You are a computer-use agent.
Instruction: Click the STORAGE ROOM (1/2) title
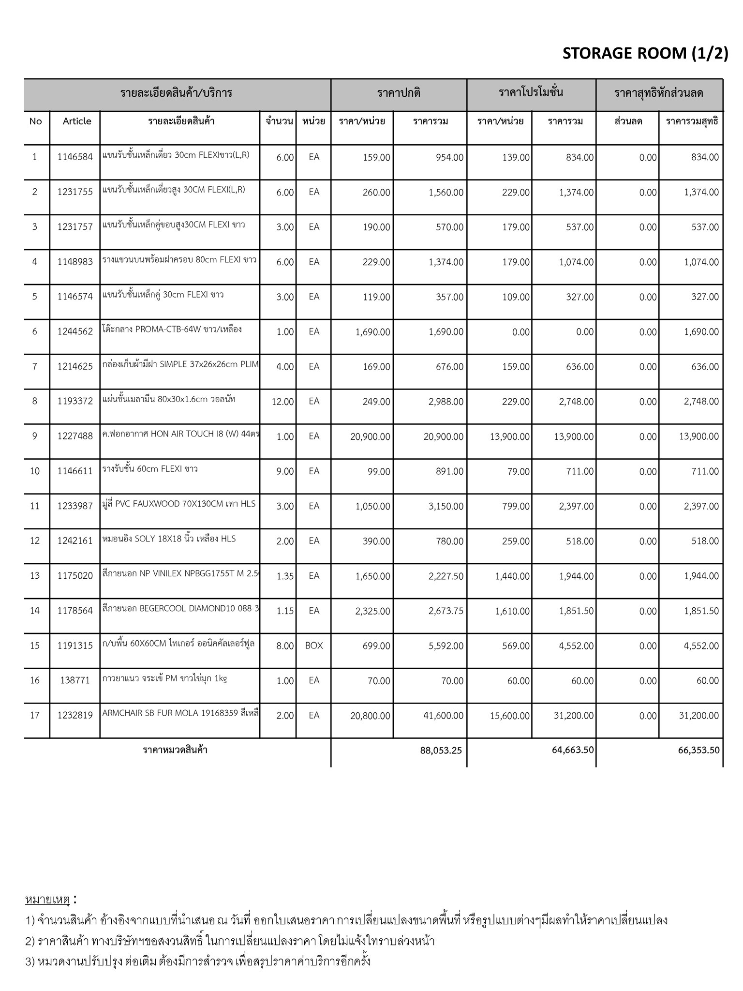[645, 53]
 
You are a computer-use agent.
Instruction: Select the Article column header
[77, 121]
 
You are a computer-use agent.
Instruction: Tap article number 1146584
[75, 157]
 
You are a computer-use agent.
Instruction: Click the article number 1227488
[75, 436]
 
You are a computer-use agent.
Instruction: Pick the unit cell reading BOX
[314, 646]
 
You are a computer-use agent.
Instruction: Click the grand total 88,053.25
[441, 751]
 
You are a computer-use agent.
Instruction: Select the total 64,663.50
[573, 750]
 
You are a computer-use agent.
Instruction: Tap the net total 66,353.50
[698, 751]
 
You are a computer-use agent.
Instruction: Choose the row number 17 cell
[35, 715]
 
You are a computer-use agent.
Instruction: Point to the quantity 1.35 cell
[285, 576]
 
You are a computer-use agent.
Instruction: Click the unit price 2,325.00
[372, 611]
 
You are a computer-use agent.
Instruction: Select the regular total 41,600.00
[443, 716]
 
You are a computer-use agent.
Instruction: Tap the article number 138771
[75, 681]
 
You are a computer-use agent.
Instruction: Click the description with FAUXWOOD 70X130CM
[178, 504]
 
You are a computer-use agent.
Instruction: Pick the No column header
[36, 121]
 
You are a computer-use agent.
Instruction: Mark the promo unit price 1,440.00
[512, 576]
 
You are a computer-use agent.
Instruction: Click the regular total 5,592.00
[446, 646]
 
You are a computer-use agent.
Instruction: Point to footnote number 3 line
[198, 961]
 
